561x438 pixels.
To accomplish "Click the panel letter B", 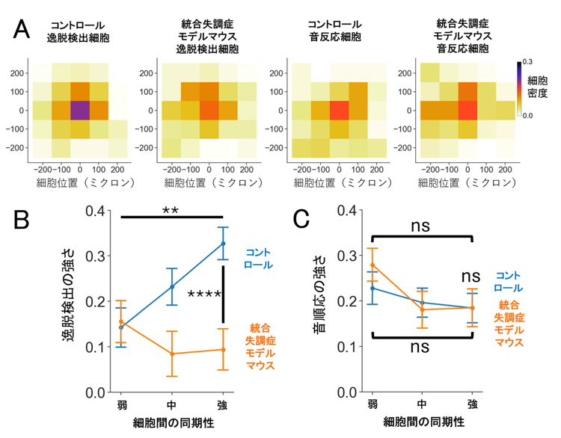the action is coord(21,220).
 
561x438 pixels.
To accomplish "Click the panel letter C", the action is coord(301,219).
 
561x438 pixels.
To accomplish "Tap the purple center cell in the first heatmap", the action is coord(80,111).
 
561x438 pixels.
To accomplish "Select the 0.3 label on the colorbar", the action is coord(527,62).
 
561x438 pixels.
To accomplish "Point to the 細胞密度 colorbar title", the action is coord(537,87).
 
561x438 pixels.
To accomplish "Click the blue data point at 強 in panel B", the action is coord(223,244).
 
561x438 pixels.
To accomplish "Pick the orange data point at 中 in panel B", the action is coord(172,354).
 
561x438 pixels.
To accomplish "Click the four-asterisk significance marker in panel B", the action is coord(204,295).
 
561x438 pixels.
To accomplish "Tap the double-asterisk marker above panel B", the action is coord(170,210).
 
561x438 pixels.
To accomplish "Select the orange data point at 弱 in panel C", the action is coord(373,265).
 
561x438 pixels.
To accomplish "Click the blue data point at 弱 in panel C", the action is coord(373,288).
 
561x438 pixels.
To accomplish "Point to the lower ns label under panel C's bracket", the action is coord(420,347).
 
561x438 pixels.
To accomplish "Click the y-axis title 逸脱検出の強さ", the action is coord(68,294).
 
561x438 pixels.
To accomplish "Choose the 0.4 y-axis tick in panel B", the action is coord(95,211).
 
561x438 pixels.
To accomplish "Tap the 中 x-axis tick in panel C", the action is coord(422,404).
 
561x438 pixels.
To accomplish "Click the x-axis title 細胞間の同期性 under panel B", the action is coord(174,423).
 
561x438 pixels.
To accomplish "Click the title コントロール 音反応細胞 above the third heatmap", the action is coord(335,31).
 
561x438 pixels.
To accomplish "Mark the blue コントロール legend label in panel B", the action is coord(258,259).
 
